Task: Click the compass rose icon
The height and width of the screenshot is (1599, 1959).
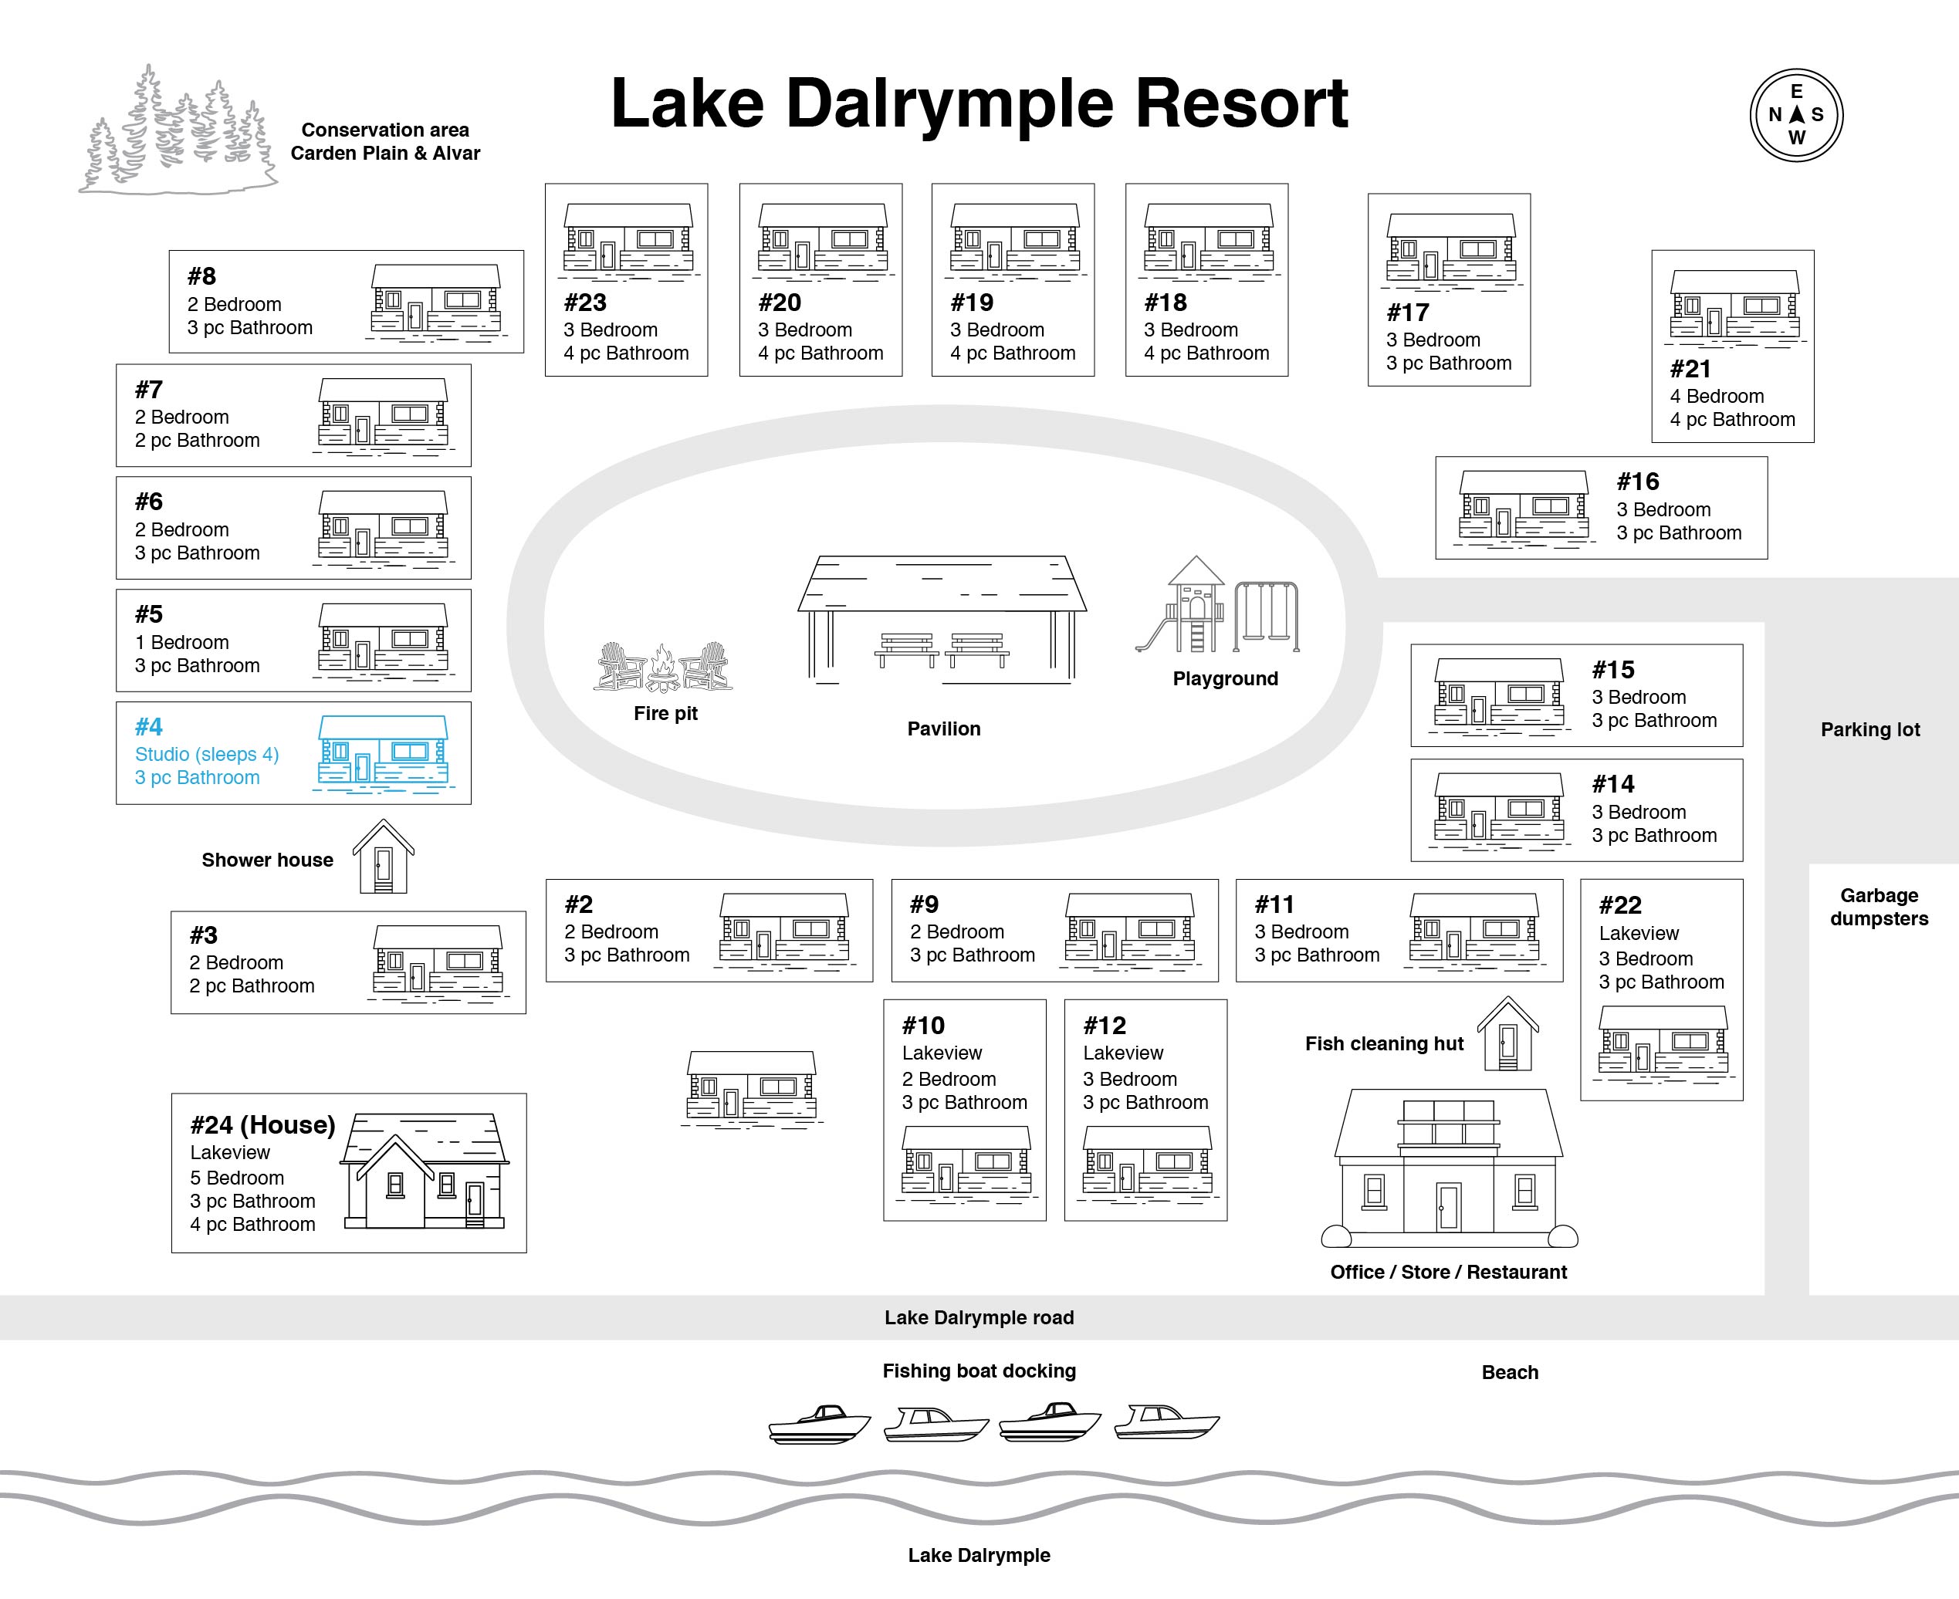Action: (1796, 115)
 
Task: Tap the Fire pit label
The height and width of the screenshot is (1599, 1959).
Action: (665, 713)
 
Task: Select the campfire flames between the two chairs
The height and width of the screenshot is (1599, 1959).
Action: (662, 667)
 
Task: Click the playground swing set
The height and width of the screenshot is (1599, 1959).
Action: (1267, 616)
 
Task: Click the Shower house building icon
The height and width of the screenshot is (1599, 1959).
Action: (383, 857)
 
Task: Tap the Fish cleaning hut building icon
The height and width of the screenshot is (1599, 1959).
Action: (1507, 1033)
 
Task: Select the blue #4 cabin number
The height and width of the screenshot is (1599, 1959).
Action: (148, 727)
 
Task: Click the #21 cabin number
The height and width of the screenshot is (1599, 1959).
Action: (1690, 370)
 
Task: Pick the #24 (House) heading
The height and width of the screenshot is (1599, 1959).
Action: (262, 1124)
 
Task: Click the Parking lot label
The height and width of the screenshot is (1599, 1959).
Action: (1869, 729)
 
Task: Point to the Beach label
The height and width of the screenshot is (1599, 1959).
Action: (1510, 1372)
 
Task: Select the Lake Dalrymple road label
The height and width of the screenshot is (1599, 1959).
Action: (979, 1317)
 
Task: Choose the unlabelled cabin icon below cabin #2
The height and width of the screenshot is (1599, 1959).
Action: (752, 1088)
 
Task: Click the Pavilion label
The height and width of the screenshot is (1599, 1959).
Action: (944, 729)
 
